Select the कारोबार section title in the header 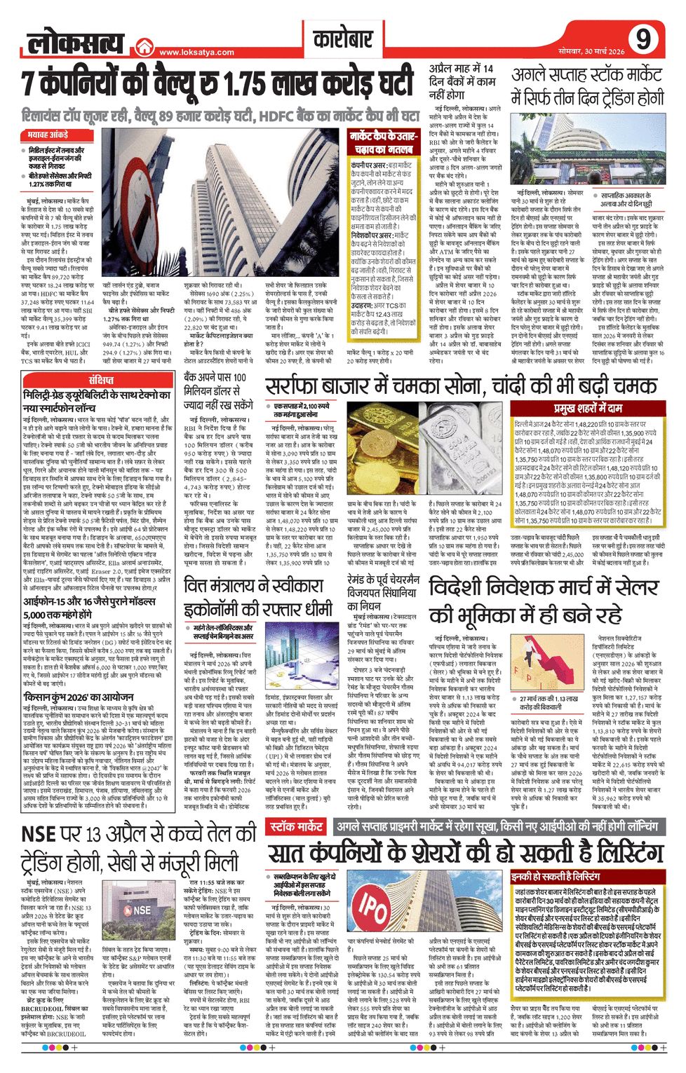342,39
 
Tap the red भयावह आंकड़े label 48,134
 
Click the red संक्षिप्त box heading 100,380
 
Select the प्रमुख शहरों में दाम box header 588,409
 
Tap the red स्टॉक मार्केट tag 296,827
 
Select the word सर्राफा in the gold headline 300,387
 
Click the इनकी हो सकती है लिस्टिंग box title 556,877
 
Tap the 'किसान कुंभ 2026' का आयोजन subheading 78,697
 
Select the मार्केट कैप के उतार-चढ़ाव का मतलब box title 383,142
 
